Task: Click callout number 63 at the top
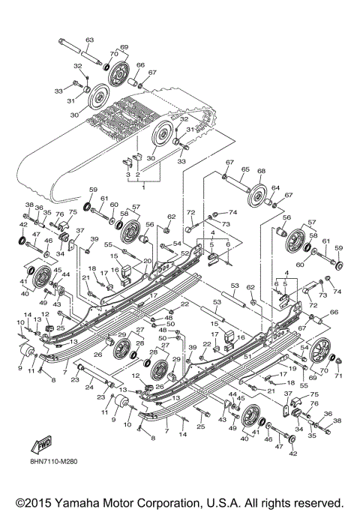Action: pos(89,39)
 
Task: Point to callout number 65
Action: pos(244,170)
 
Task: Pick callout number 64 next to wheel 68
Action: pos(275,188)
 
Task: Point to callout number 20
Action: pos(147,262)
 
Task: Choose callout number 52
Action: pos(183,253)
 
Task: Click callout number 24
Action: pos(88,388)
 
